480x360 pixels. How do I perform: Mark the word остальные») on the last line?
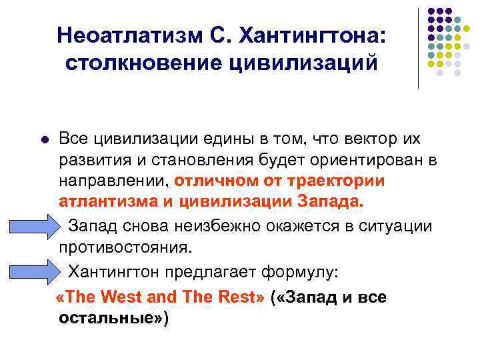point(114,318)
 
